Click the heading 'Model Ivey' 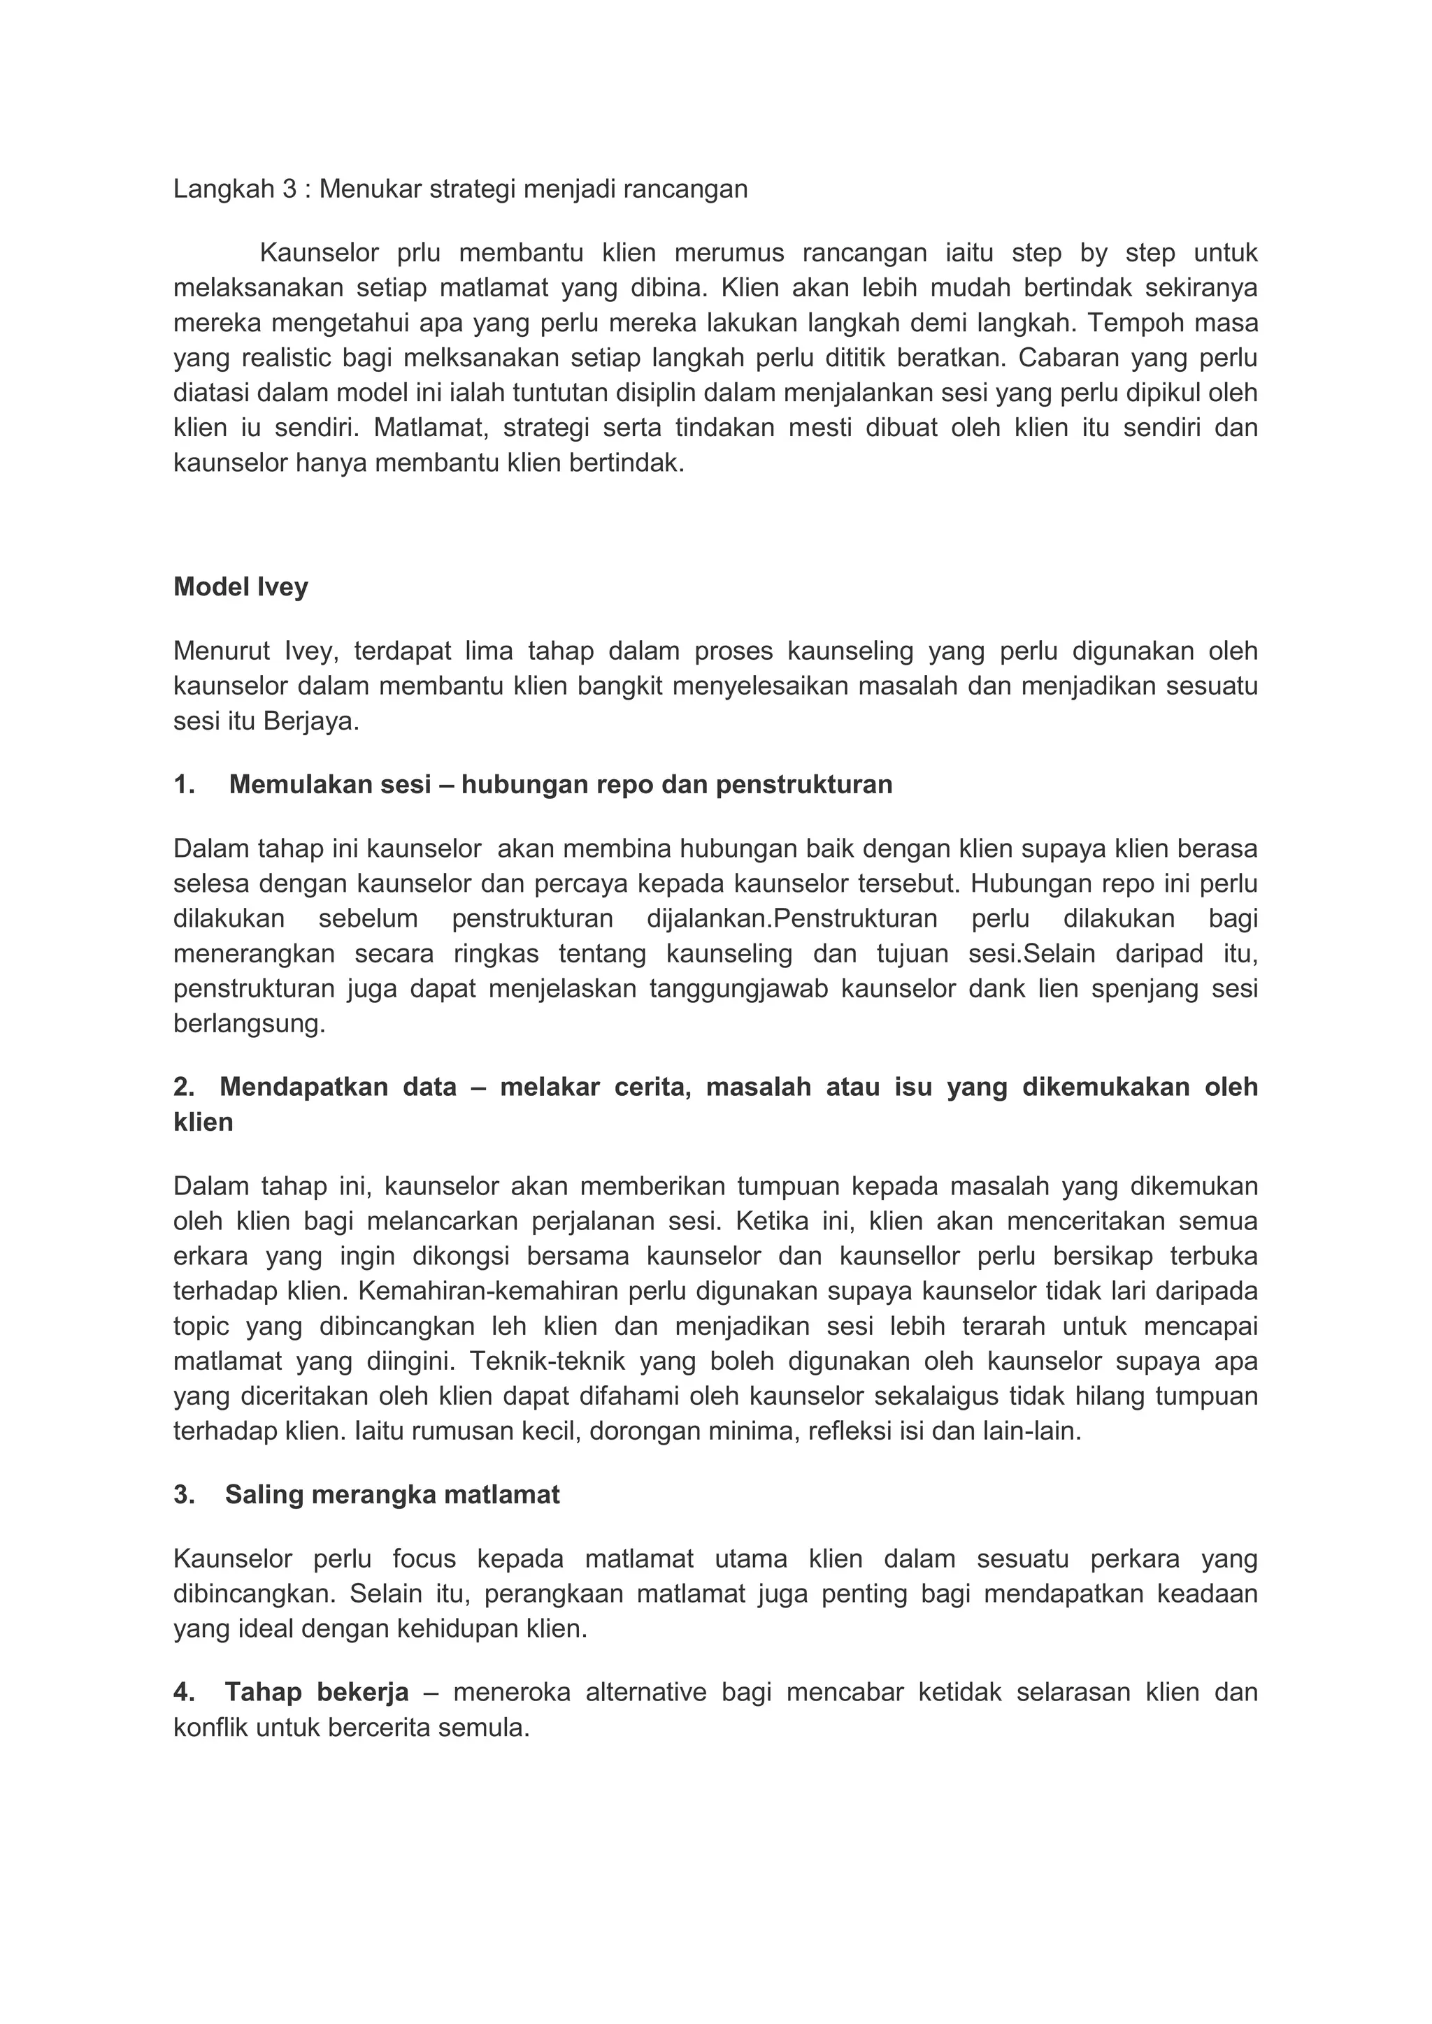coord(241,587)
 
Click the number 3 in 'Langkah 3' coord(289,189)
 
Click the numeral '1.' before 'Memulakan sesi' coord(185,785)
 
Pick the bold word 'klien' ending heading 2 coord(203,1123)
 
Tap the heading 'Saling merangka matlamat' coord(392,1495)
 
